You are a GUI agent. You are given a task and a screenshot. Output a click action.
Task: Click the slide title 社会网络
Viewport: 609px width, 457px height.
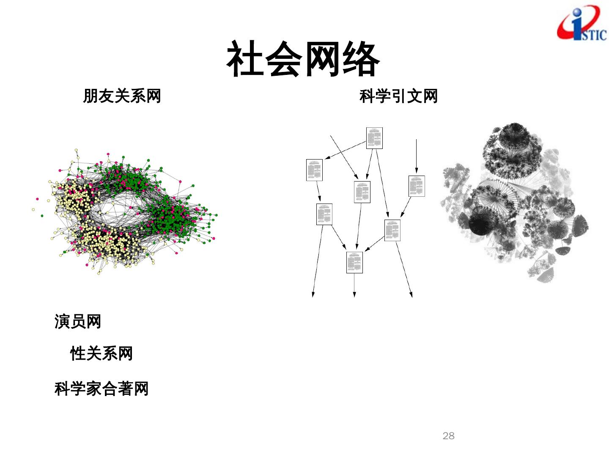(x=303, y=59)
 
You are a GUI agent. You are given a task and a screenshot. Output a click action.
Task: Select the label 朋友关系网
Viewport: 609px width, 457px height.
(x=122, y=96)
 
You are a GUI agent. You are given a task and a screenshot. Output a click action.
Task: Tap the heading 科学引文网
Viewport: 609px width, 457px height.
(x=398, y=96)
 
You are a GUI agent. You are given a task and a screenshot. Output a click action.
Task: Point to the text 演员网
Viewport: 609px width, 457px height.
(x=78, y=322)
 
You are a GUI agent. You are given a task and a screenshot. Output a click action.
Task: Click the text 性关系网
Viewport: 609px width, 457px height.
(x=101, y=353)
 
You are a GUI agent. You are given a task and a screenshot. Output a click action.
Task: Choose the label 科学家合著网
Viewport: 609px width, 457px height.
(x=101, y=388)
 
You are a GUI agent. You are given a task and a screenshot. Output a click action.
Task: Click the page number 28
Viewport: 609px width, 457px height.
(x=448, y=436)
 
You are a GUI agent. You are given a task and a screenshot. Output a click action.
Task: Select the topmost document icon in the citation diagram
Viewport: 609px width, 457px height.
(x=374, y=138)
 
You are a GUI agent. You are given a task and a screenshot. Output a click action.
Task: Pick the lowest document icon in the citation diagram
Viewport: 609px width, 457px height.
(x=354, y=262)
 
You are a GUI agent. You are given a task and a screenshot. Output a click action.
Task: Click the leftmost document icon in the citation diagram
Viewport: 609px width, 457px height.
(x=314, y=170)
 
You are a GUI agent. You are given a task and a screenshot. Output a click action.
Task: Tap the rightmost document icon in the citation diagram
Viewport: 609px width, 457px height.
(x=417, y=186)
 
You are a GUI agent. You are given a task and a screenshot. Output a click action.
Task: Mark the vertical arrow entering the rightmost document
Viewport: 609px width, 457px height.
(x=417, y=157)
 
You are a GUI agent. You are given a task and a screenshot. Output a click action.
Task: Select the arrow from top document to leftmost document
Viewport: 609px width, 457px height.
(x=345, y=151)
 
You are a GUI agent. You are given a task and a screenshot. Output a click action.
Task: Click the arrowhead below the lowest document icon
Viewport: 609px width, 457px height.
(x=354, y=295)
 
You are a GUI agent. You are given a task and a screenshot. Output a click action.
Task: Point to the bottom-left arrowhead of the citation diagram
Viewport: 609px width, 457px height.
(x=313, y=295)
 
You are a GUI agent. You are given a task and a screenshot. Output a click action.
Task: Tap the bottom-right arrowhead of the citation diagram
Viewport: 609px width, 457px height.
(x=411, y=295)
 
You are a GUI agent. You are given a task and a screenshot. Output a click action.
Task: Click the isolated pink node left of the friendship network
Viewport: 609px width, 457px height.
(x=38, y=199)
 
